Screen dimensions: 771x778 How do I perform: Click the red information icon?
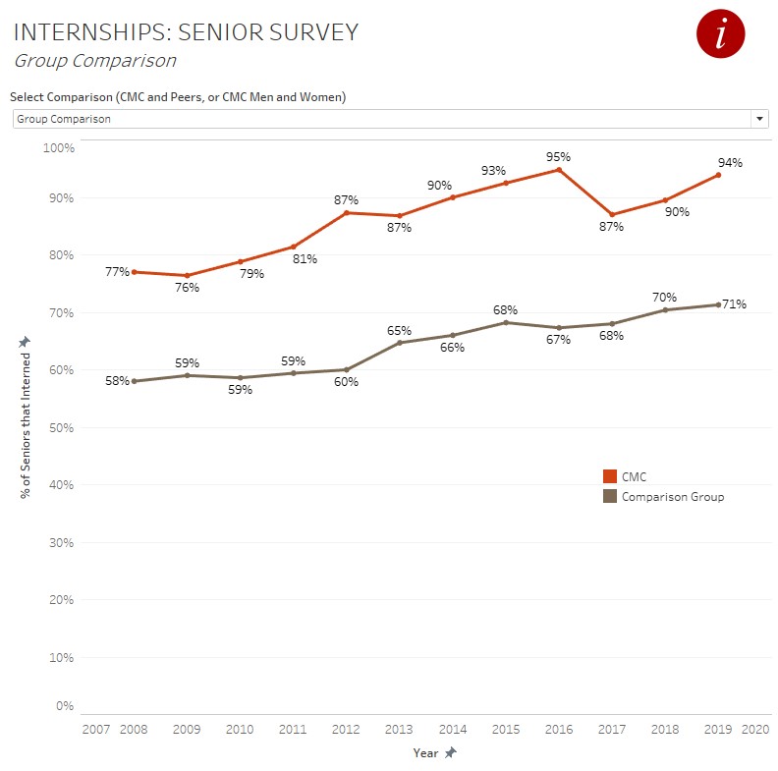pyautogui.click(x=721, y=35)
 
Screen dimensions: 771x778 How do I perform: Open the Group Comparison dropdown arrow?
pyautogui.click(x=759, y=119)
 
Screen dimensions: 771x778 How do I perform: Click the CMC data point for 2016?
pyautogui.click(x=559, y=170)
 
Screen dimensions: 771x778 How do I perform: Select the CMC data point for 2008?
pyautogui.click(x=134, y=272)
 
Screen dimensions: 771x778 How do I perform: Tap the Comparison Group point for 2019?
pyautogui.click(x=718, y=304)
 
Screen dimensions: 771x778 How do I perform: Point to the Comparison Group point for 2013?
pyautogui.click(x=400, y=343)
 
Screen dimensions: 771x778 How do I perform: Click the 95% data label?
pyautogui.click(x=559, y=156)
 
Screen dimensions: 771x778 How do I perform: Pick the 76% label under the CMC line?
pyautogui.click(x=188, y=288)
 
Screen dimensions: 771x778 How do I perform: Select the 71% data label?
pyautogui.click(x=735, y=304)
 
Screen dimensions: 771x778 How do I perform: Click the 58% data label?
pyautogui.click(x=118, y=380)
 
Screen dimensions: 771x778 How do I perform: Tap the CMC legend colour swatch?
pyautogui.click(x=610, y=476)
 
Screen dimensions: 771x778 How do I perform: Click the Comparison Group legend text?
pyautogui.click(x=673, y=497)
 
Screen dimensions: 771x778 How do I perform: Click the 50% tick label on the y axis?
pyautogui.click(x=60, y=427)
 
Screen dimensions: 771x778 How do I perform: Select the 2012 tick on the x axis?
pyautogui.click(x=346, y=730)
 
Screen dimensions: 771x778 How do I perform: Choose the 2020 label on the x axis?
pyautogui.click(x=755, y=730)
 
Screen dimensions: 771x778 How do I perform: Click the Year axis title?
pyautogui.click(x=425, y=752)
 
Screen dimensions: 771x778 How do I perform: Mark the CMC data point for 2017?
pyautogui.click(x=612, y=215)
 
